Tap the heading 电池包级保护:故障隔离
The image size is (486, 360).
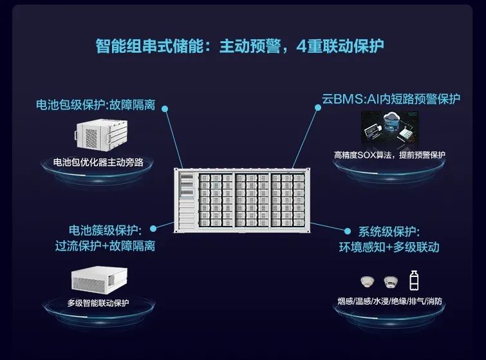(100, 104)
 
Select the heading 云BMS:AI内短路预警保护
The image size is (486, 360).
(391, 100)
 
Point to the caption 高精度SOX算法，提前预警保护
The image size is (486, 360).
(389, 155)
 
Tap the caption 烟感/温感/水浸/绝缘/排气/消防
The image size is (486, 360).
(389, 301)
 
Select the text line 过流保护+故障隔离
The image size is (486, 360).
(105, 246)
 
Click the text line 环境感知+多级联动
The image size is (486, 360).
(389, 247)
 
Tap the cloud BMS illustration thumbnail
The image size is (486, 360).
(388, 129)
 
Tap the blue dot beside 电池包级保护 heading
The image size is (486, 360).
(165, 109)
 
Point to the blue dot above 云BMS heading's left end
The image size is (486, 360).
(319, 108)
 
